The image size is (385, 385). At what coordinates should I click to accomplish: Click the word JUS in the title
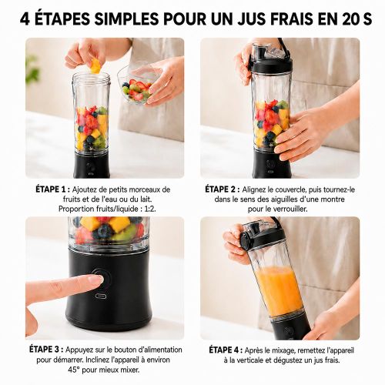[259, 18]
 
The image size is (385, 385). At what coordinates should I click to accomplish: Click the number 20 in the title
[350, 18]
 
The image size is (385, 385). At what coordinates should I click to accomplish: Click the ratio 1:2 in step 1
[150, 209]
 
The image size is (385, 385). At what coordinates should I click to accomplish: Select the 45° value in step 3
[75, 370]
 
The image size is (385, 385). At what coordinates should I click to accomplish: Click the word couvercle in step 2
[290, 190]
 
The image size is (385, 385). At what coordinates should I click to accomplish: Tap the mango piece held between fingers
[95, 65]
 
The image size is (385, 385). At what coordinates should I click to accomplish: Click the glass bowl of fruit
[137, 85]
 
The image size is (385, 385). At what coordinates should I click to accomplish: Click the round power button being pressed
[102, 279]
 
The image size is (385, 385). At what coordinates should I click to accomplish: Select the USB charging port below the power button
[102, 296]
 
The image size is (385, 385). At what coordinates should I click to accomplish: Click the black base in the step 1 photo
[92, 165]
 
